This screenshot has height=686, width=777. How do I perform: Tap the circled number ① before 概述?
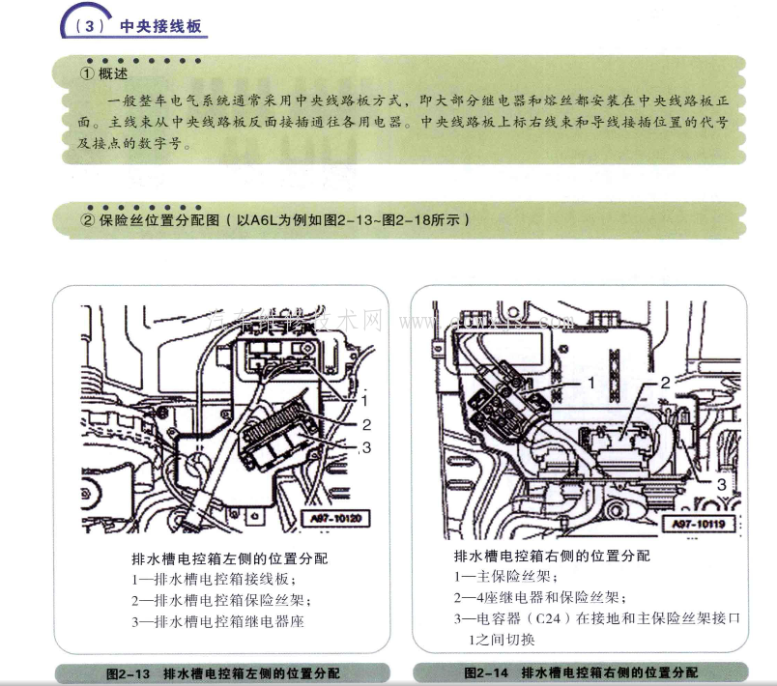pos(88,73)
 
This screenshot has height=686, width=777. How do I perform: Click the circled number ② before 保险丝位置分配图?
pos(88,219)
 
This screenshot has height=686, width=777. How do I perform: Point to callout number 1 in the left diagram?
pos(367,398)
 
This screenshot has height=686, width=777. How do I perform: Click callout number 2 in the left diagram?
pos(367,423)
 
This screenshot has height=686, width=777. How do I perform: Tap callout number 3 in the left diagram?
pos(367,446)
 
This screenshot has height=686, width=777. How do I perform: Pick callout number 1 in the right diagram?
pos(591,383)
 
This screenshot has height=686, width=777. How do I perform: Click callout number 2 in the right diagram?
pos(665,383)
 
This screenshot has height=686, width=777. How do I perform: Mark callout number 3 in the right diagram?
pos(721,483)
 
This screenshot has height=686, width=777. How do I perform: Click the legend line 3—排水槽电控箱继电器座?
pos(217,622)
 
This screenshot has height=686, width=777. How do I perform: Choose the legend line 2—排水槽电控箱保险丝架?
pos(217,600)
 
